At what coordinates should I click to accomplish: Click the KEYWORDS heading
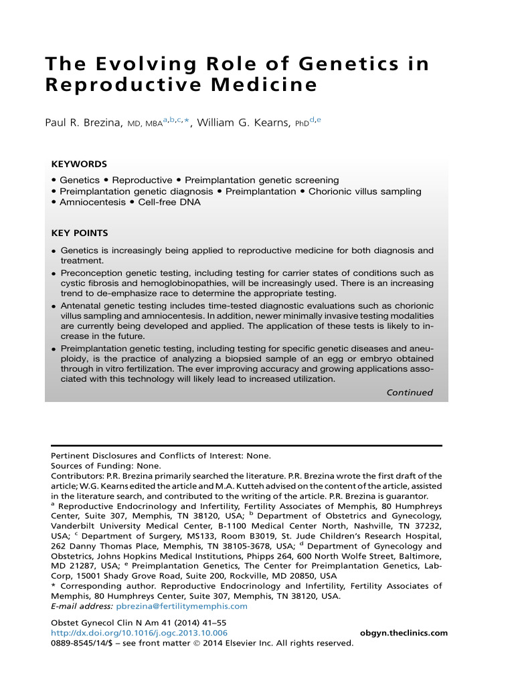pos(79,164)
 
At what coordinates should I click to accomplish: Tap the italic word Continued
pos(410,393)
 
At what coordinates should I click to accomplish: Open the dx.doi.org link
pos(139,633)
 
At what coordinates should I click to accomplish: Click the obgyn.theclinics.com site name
pos(404,633)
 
